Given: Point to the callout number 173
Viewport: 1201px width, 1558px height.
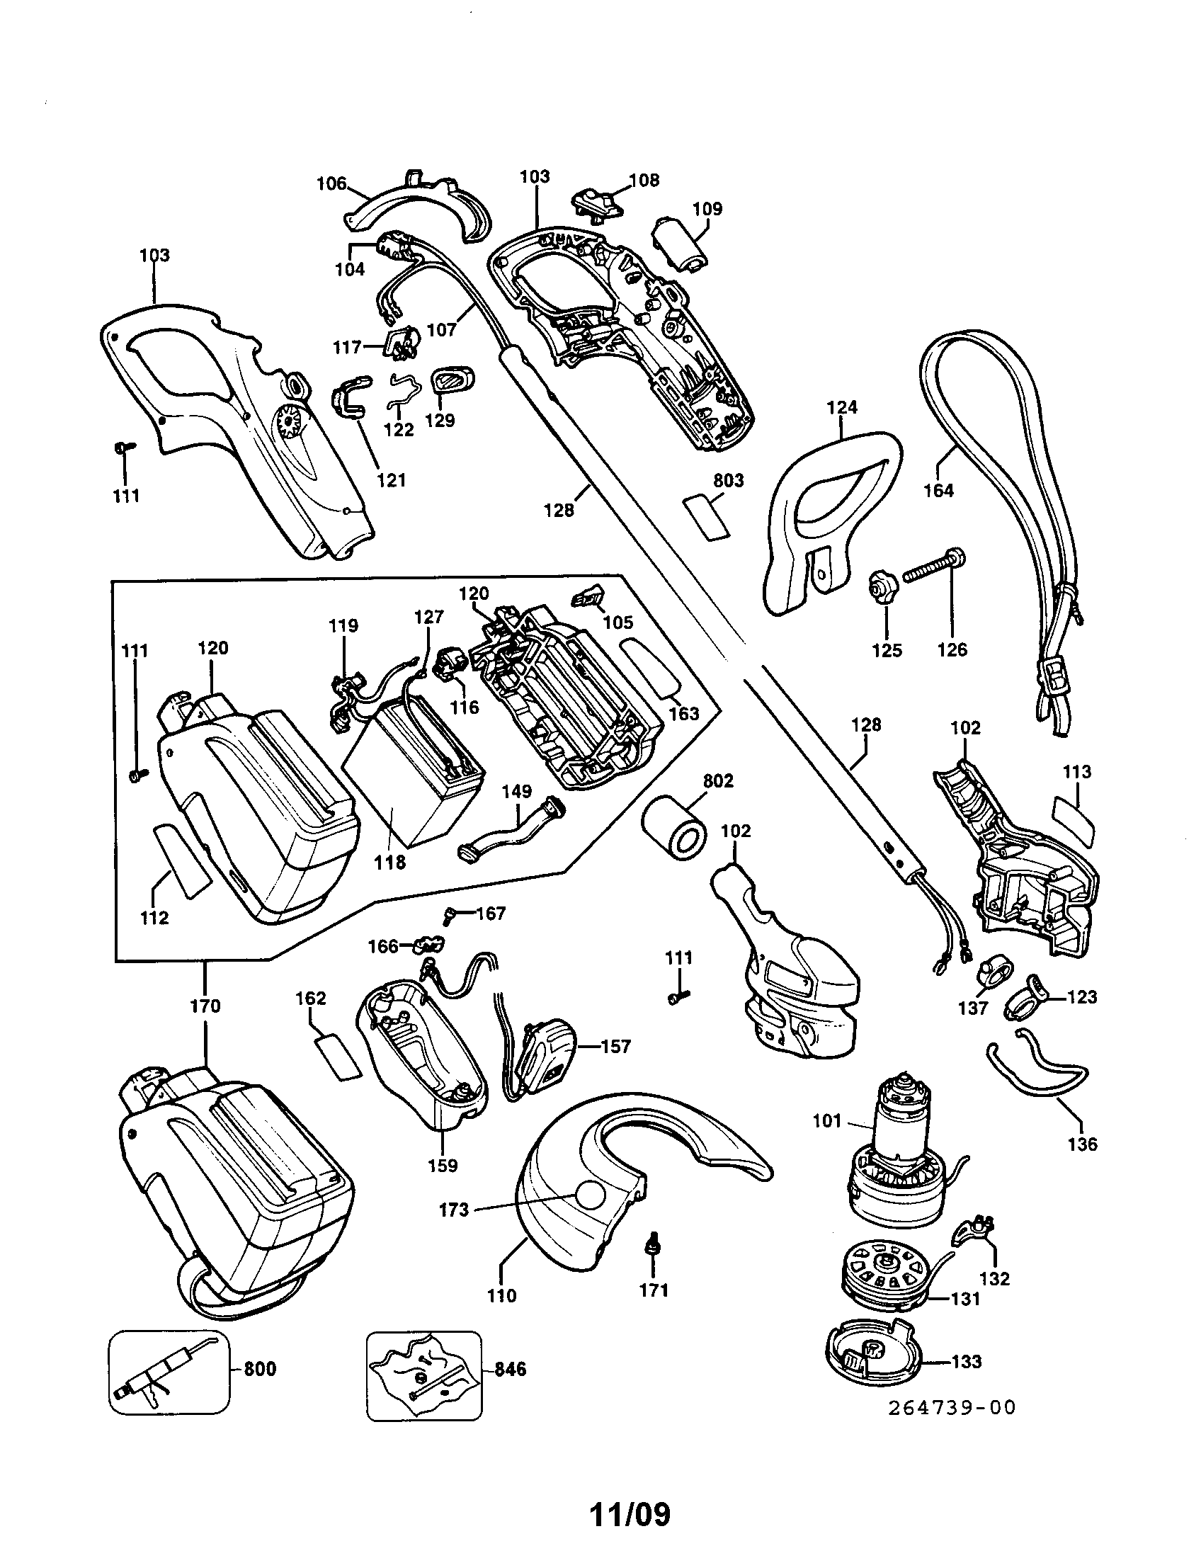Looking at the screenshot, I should tap(455, 1210).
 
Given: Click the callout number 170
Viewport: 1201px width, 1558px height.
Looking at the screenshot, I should tap(205, 1006).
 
